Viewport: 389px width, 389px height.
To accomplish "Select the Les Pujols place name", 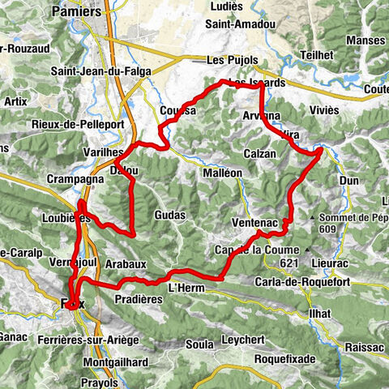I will click(x=231, y=60).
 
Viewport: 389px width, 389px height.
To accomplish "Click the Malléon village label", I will click(x=222, y=173).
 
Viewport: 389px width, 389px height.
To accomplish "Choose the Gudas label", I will click(x=169, y=216).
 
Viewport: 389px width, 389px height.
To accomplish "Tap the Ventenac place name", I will click(x=254, y=222).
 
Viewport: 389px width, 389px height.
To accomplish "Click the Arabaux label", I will click(x=126, y=263).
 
